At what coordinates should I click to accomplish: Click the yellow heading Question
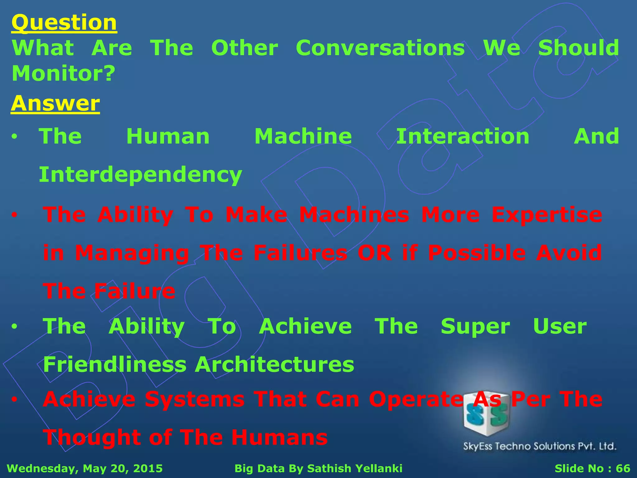(64, 23)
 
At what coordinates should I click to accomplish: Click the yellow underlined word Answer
(55, 103)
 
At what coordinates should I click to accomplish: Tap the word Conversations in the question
(380, 48)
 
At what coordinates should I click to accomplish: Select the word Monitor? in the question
(63, 74)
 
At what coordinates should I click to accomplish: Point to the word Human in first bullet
(168, 137)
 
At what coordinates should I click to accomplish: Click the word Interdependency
(140, 175)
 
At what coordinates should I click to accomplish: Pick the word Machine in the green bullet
(303, 137)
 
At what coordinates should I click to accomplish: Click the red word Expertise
(547, 215)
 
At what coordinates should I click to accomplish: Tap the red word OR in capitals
(374, 253)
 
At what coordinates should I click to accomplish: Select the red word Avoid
(569, 253)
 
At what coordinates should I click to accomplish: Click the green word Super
(475, 327)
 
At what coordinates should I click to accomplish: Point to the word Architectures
(274, 364)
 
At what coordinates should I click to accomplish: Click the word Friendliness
(115, 364)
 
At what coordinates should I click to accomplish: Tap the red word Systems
(195, 399)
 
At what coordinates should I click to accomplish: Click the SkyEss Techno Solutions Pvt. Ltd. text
(540, 446)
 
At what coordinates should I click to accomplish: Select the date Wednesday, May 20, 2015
(85, 468)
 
